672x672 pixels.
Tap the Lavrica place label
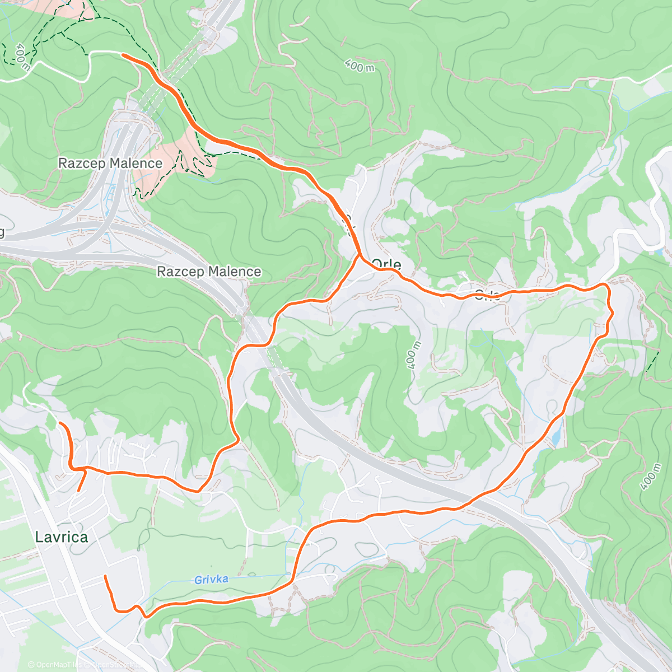pos(61,537)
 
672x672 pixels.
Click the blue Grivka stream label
pos(211,580)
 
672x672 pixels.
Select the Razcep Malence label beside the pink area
pos(110,164)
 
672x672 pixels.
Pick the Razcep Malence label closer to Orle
pos(209,272)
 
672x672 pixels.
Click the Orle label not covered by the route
pos(386,264)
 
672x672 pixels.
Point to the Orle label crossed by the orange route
pos(487,295)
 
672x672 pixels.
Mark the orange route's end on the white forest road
pos(123,55)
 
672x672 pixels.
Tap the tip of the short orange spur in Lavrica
pos(78,491)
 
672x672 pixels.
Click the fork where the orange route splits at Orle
pos(359,256)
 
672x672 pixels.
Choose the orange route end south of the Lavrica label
pos(105,576)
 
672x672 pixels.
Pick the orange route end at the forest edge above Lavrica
pos(60,424)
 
